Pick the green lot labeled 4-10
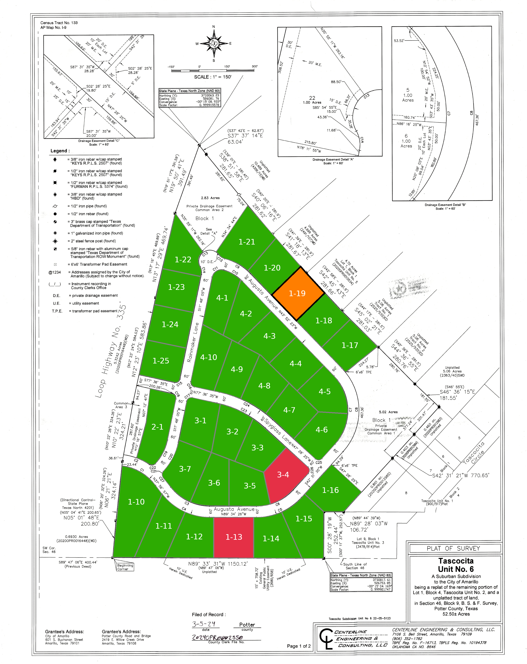(209, 357)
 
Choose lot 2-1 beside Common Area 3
(157, 427)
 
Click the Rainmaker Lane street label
(193, 342)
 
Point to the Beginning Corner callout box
(125, 567)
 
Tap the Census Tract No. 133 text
(59, 23)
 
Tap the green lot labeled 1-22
(183, 260)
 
